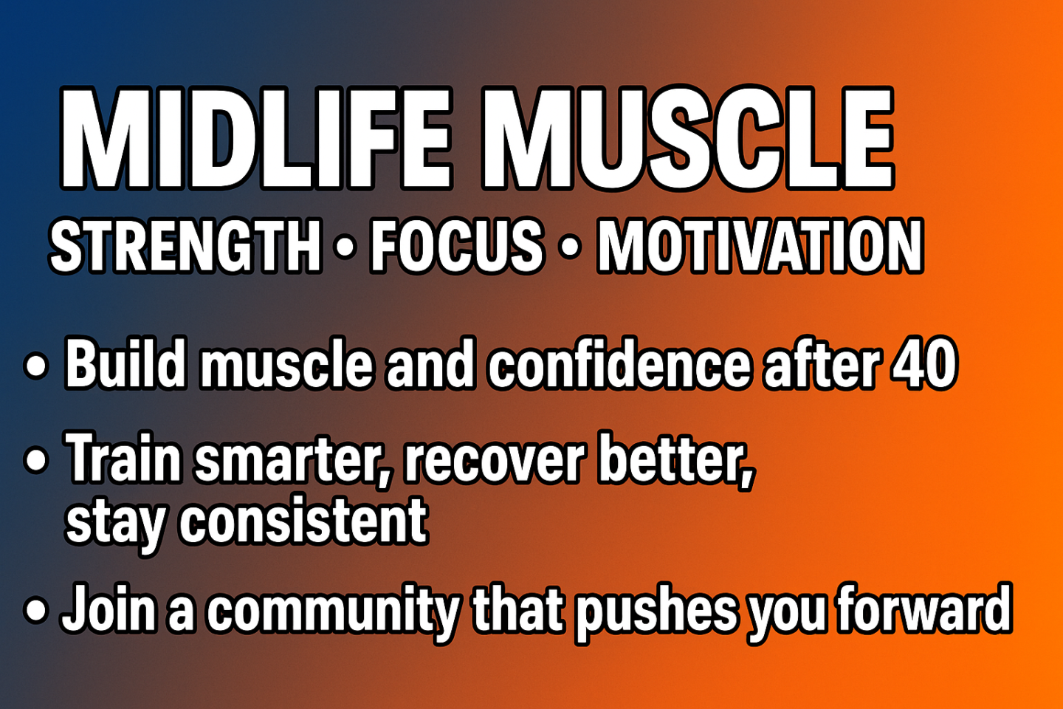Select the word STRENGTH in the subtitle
click(186, 246)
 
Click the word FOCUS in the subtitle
click(456, 246)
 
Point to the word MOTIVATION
click(760, 246)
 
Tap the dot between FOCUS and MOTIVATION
click(570, 248)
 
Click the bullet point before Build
click(36, 366)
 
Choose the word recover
click(494, 459)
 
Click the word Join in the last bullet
click(109, 608)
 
